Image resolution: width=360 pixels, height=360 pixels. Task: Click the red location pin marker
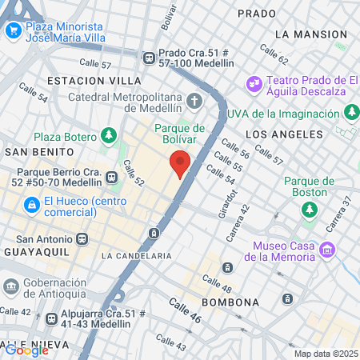[180, 163]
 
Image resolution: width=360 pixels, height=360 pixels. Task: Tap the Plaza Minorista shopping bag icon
[13, 30]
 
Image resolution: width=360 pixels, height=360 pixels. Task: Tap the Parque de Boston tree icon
[309, 209]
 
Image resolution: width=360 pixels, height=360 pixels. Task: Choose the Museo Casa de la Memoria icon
[326, 250]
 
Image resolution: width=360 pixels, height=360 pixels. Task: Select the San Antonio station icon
[82, 238]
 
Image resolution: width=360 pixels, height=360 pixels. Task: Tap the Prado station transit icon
[149, 57]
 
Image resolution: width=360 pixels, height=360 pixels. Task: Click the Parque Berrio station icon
[110, 176]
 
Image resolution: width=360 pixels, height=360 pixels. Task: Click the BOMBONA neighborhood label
[230, 302]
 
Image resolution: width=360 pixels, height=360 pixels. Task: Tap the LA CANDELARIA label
[137, 256]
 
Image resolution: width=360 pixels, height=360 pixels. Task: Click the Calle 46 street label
[185, 310]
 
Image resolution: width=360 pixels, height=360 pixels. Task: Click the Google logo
[26, 350]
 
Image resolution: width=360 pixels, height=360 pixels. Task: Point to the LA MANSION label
[308, 34]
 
